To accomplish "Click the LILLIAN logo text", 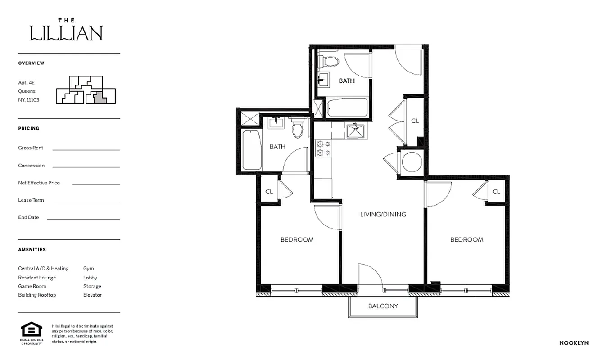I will (x=66, y=33).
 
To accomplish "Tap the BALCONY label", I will (x=383, y=306).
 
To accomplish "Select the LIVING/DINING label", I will (x=383, y=214).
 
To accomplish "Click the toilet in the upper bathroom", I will (x=331, y=61).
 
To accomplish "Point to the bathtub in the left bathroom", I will (x=252, y=150).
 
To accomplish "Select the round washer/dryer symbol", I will (x=412, y=162).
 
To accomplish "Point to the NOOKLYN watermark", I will (x=574, y=343).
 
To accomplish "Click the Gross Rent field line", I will (x=86, y=149).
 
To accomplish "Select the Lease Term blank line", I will (x=86, y=202).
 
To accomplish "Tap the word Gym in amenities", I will (x=88, y=269).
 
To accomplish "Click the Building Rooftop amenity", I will (x=37, y=295).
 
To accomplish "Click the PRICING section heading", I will (x=29, y=128).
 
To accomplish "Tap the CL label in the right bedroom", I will (x=496, y=192).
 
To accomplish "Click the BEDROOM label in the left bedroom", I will (x=297, y=240).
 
